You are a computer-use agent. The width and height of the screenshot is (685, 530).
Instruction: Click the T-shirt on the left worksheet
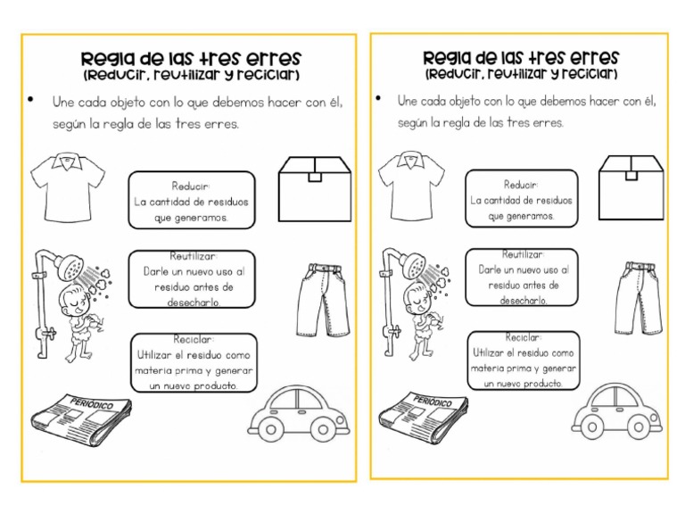pyautogui.click(x=66, y=188)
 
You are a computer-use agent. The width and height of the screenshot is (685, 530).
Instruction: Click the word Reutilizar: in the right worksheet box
pyautogui.click(x=522, y=254)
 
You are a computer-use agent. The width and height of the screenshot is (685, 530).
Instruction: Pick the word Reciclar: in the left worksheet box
pyautogui.click(x=194, y=340)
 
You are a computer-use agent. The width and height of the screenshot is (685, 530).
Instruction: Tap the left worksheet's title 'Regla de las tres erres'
pyautogui.click(x=191, y=58)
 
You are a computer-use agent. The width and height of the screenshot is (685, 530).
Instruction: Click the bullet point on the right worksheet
pyautogui.click(x=378, y=99)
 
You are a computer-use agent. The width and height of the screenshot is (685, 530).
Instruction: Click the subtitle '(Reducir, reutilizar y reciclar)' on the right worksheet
pyautogui.click(x=521, y=73)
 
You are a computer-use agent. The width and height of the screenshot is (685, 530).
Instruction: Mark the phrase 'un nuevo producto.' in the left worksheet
pyautogui.click(x=194, y=386)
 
